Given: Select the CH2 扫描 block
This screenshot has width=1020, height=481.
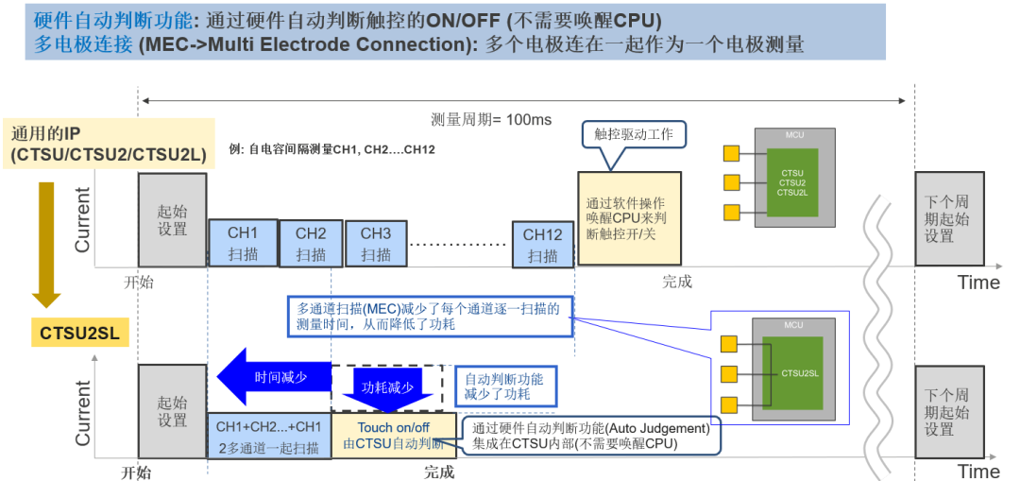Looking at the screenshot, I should click(311, 243).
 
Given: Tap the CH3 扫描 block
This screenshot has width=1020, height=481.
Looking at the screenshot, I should click(375, 243).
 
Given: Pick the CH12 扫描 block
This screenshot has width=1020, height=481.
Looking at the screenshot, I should click(542, 244).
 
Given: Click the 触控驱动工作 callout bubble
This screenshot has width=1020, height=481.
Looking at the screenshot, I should click(633, 134).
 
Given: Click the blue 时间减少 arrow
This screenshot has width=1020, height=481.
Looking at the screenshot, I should click(269, 375).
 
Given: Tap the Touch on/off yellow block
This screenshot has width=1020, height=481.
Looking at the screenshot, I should click(393, 436).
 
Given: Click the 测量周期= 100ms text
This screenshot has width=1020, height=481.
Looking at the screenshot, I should click(491, 120).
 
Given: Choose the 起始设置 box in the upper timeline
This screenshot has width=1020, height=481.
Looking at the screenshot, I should click(172, 219).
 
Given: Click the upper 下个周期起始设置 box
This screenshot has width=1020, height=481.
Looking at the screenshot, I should click(948, 218).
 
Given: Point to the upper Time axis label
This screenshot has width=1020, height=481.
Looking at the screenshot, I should click(977, 282).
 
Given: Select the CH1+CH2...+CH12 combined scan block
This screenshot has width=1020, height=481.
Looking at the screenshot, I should click(268, 436).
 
